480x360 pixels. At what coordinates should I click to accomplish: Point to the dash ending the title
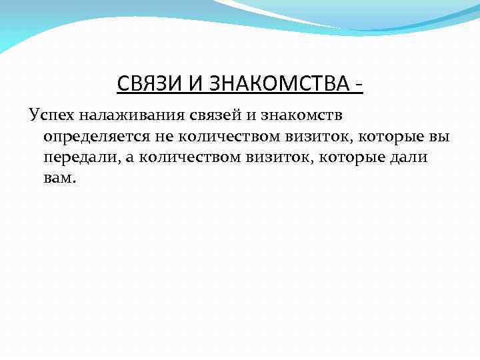359,87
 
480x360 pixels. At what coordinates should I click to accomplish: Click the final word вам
59,179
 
